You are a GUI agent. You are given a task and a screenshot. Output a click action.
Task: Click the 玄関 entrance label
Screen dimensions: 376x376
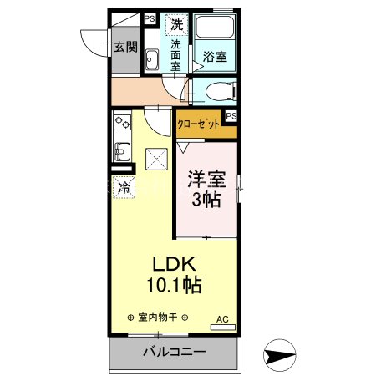point(125,46)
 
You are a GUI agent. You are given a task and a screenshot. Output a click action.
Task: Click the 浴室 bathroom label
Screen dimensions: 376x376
point(215,57)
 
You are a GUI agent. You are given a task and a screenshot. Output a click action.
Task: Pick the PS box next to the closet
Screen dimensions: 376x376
point(231,116)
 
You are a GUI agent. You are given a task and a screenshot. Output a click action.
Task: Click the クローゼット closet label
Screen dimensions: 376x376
point(198,124)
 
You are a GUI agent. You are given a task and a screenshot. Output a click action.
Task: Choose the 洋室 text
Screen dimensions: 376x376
point(206,179)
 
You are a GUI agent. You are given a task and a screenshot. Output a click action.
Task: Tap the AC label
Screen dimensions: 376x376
point(222,318)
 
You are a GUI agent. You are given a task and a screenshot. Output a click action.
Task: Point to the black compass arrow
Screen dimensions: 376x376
point(281,354)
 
